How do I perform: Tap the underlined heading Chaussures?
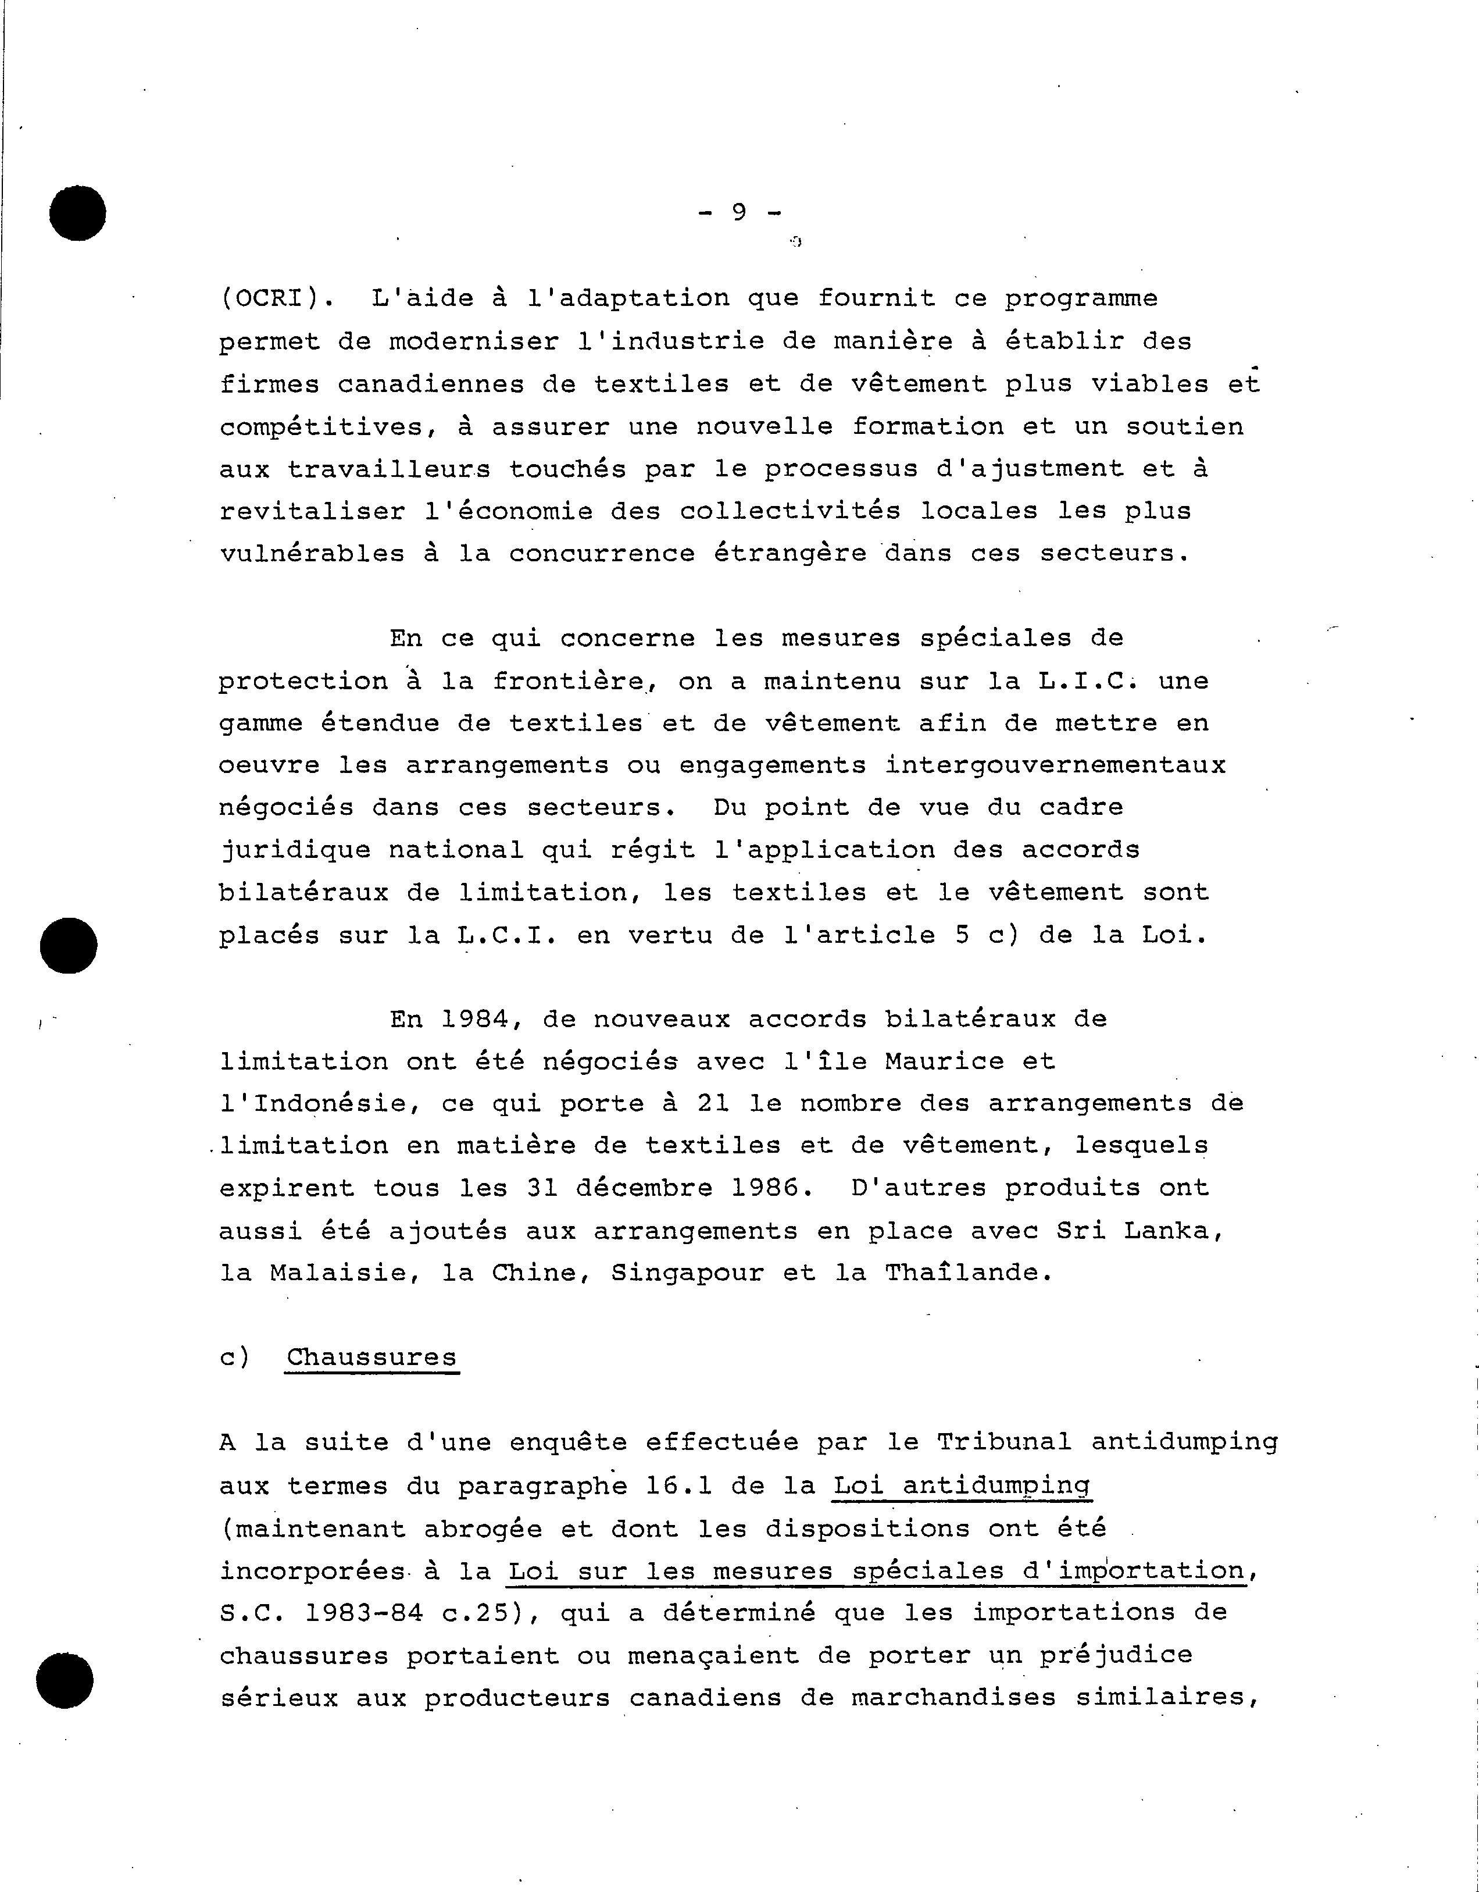(x=371, y=1357)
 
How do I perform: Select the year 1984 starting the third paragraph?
(x=474, y=1019)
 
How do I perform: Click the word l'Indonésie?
(x=319, y=1104)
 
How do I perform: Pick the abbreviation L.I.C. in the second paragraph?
(x=1087, y=681)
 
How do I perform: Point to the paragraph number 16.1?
(x=678, y=1485)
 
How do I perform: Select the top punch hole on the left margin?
(x=77, y=212)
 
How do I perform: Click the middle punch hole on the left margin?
(x=69, y=945)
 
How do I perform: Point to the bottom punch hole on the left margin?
(x=65, y=1681)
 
